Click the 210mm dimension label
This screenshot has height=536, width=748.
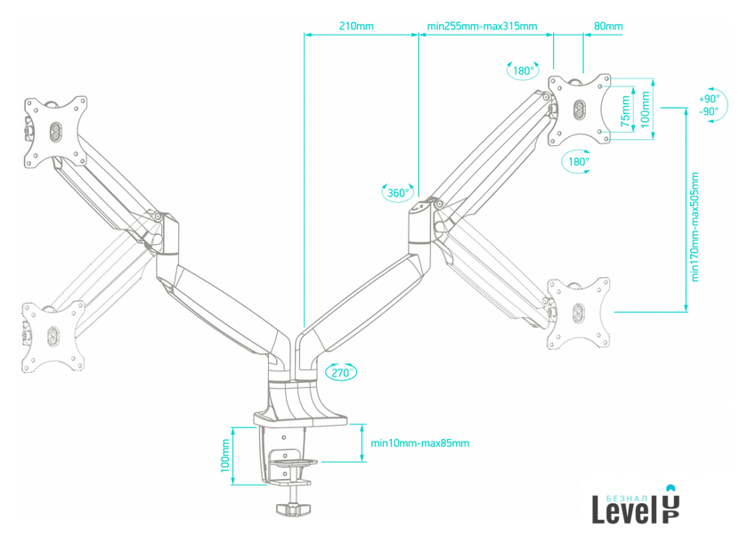[356, 26]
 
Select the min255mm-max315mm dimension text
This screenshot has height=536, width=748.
[482, 26]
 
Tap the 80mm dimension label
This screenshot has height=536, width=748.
[609, 26]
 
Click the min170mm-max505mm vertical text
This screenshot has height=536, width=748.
[695, 226]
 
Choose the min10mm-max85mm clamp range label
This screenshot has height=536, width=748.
[419, 443]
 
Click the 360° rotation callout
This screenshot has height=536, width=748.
[397, 192]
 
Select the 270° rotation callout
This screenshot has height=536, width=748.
[341, 372]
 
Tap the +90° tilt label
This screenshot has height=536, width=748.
[709, 99]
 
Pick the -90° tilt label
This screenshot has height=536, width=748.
[709, 111]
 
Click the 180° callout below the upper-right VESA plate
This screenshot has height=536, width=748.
[577, 162]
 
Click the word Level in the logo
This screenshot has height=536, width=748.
[623, 509]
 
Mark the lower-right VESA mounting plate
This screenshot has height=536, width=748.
[579, 313]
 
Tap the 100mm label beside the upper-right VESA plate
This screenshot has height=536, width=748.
[646, 109]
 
